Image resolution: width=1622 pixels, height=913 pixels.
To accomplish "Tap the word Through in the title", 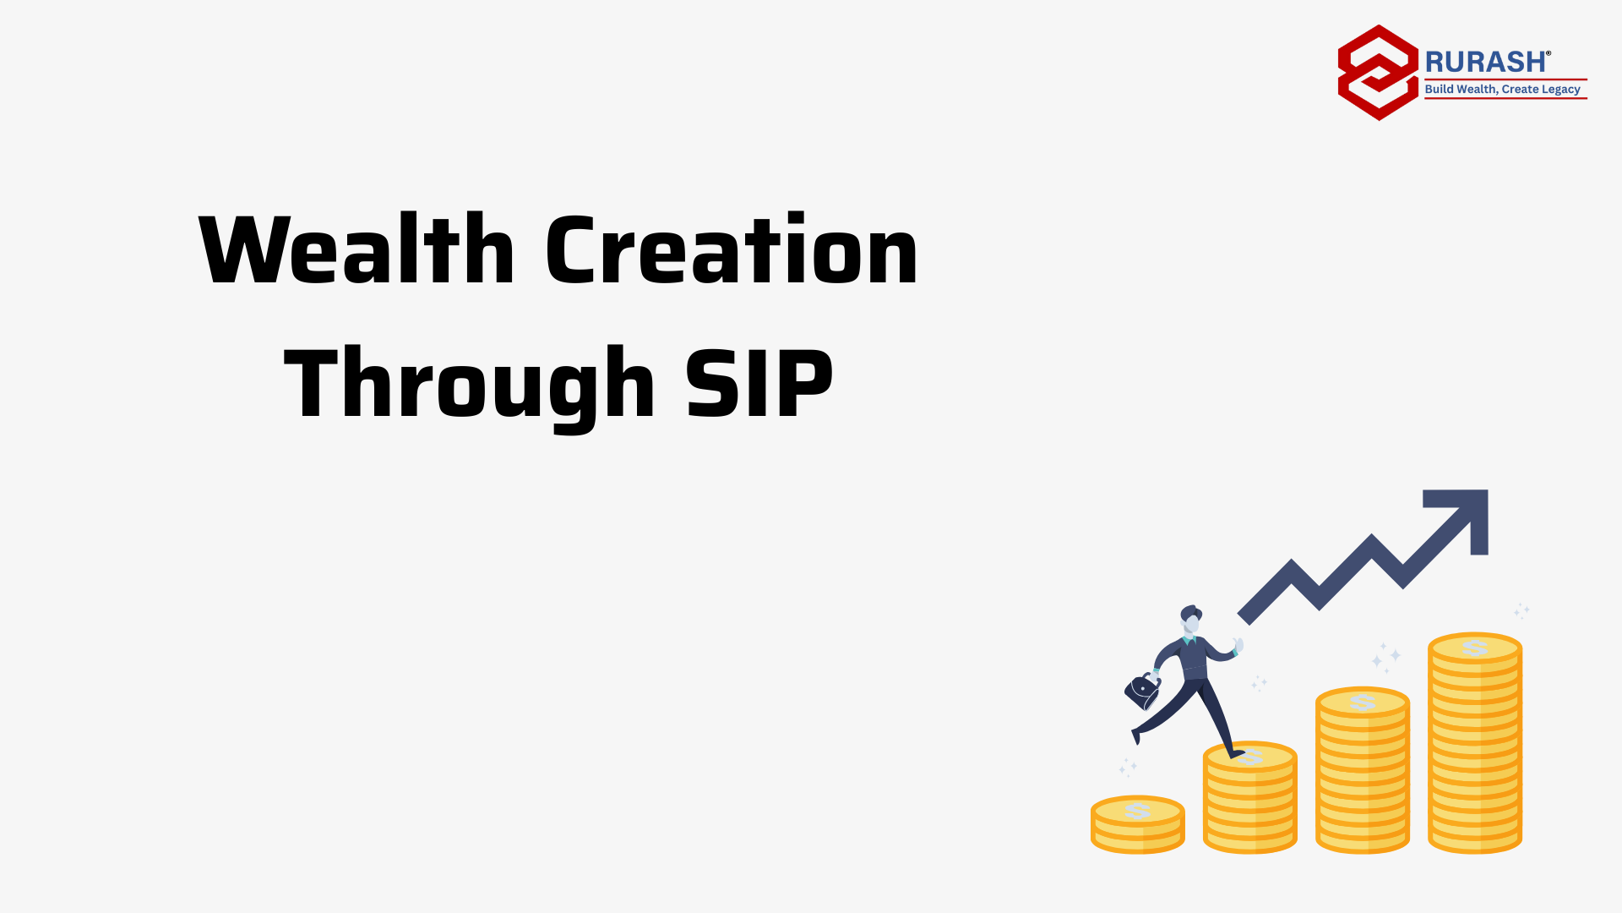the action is point(470,385).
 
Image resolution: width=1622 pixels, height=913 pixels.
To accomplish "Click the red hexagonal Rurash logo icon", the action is point(1378,73).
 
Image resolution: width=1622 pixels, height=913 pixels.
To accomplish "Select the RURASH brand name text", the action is point(1485,62).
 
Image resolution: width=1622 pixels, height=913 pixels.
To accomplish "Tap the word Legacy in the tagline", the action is point(1560,90).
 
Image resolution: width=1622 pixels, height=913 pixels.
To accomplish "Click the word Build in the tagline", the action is point(1439,89).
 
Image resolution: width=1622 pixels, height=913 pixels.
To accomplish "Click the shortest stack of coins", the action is point(1137,825).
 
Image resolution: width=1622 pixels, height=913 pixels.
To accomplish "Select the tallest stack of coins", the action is point(1475,743).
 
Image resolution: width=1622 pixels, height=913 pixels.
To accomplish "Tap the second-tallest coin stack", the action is point(1363,770).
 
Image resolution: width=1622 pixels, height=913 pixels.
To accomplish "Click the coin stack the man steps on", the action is point(1249,797).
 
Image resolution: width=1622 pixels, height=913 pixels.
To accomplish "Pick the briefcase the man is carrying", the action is point(1142,692).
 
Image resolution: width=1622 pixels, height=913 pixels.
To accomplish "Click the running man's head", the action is point(1191,620).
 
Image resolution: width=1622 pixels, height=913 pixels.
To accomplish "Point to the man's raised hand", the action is point(1238,646).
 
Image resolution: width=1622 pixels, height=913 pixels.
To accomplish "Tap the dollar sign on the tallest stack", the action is point(1475,648).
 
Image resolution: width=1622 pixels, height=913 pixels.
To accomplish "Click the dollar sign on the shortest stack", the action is point(1137,811).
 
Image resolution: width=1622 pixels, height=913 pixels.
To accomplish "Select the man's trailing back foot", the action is point(1135,736).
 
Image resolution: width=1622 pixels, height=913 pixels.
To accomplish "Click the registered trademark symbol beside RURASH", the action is point(1549,52).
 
